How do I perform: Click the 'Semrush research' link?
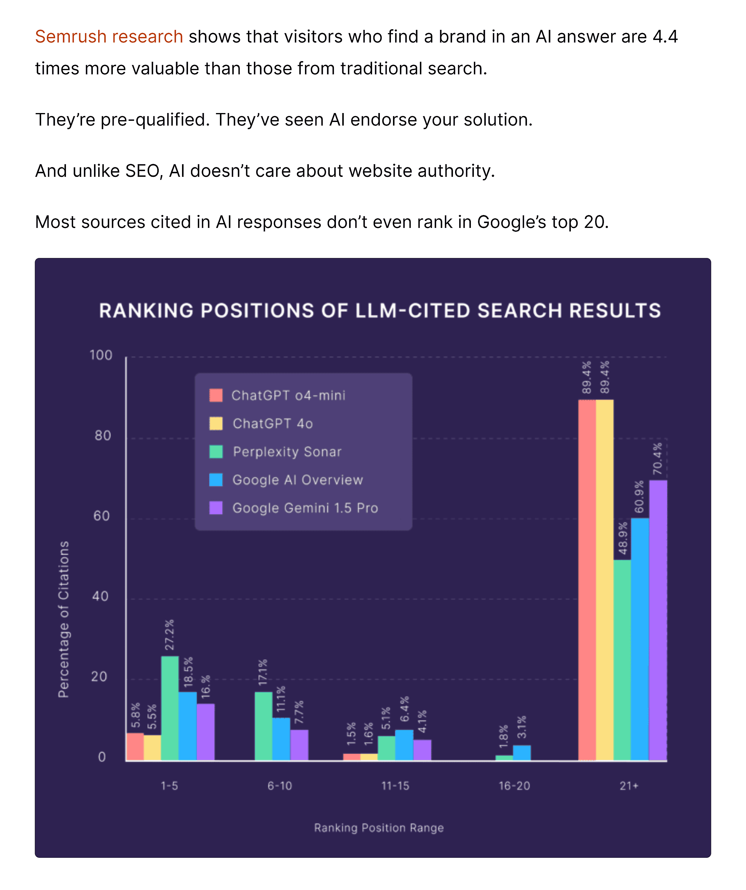tap(109, 37)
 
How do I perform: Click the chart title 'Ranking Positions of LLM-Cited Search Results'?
tap(380, 311)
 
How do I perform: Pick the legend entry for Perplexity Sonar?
tap(287, 452)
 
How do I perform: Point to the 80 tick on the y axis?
tap(103, 436)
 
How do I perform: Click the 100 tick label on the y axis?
tap(101, 355)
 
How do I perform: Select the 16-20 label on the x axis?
tap(514, 786)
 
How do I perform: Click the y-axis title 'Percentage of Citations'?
tap(64, 619)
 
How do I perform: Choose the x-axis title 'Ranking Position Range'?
tap(379, 828)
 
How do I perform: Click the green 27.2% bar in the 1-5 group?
tap(170, 708)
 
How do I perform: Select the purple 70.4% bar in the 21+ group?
tap(658, 619)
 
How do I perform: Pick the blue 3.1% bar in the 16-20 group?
tap(522, 753)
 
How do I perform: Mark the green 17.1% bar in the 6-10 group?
tap(263, 726)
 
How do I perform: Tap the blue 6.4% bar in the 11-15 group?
tap(404, 745)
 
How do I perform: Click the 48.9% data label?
tap(622, 538)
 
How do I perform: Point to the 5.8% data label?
tap(135, 716)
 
